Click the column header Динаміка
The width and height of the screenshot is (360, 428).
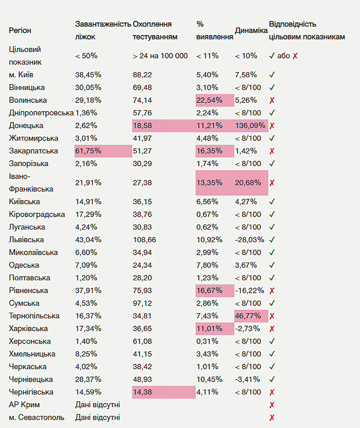251,31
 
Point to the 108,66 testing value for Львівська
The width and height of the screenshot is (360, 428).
145,240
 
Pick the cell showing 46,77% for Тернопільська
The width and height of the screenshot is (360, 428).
248,316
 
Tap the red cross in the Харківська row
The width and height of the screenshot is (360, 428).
272,329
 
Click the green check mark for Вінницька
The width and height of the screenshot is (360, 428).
272,88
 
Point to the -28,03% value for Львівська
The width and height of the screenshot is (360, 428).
250,240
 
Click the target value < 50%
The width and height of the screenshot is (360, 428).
86,56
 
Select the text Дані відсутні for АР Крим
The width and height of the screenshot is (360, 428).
98,405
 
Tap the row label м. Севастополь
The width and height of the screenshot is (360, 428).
37,417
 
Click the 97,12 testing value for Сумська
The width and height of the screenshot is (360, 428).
142,303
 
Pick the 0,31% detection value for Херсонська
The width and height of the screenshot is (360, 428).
207,341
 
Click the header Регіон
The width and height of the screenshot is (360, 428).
20,31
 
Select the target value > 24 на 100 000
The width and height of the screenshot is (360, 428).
160,56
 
